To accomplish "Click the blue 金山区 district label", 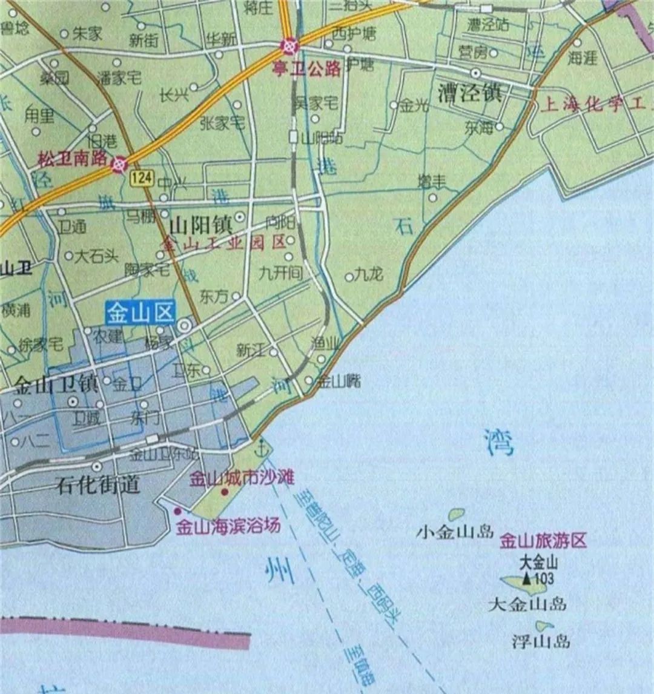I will click(140, 314).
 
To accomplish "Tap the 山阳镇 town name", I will click(200, 226).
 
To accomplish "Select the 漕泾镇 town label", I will click(469, 93).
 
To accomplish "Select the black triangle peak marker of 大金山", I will click(527, 578).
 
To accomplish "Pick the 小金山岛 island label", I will click(455, 532).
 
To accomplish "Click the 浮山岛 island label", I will click(541, 641).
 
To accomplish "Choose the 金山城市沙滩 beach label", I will click(242, 478).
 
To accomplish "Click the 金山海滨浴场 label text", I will click(228, 526).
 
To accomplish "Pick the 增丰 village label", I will click(432, 180).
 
